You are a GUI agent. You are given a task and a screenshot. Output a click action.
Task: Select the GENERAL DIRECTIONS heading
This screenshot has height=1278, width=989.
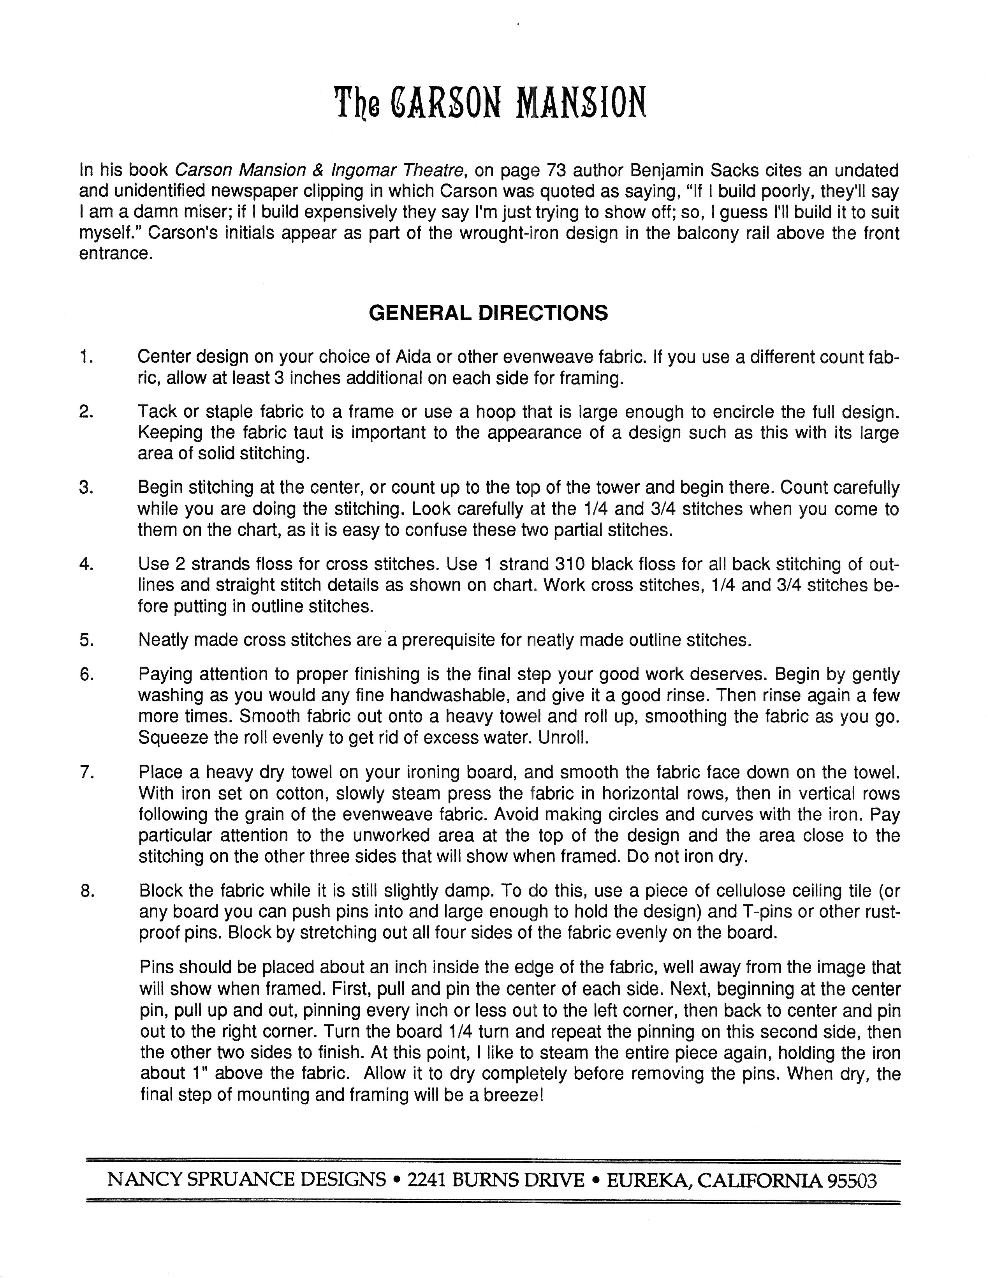(x=488, y=313)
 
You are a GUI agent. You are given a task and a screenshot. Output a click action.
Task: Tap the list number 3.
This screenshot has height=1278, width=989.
(x=86, y=487)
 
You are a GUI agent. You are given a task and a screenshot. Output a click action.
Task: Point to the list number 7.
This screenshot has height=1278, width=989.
(x=86, y=772)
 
